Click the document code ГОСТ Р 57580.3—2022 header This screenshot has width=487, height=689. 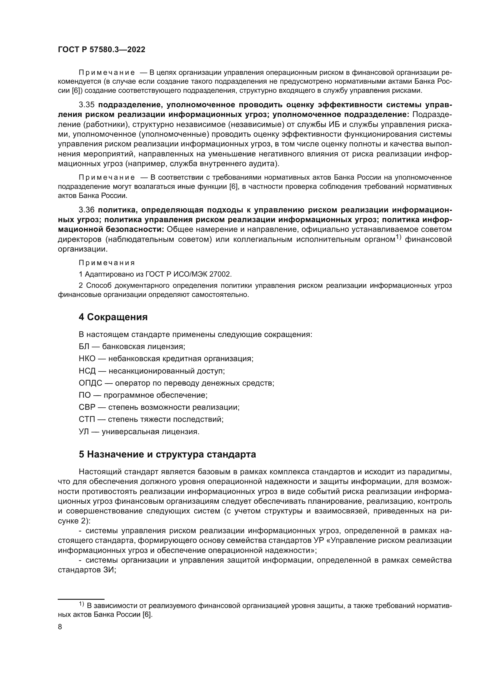[101, 50]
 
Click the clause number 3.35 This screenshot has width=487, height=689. [86, 105]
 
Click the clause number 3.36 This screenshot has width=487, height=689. [86, 210]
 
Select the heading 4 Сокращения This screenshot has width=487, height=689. [113, 317]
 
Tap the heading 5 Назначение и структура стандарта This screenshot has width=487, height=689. [167, 454]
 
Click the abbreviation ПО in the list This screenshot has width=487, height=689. [85, 395]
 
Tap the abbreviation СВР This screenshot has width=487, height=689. [87, 407]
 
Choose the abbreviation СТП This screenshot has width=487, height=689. [87, 419]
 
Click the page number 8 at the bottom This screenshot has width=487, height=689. [60, 627]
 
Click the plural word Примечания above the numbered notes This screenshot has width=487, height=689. [107, 263]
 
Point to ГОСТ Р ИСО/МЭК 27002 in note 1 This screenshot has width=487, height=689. [188, 274]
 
